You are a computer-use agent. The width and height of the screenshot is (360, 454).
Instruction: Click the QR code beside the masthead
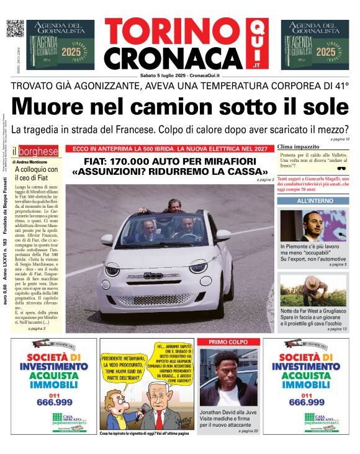[x=14, y=28]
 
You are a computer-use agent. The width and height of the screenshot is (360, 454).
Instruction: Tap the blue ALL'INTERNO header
[x=315, y=201]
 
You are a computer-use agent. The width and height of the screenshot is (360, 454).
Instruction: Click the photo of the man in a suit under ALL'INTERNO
[x=314, y=225]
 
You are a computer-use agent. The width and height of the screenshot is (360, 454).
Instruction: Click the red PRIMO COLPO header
[x=228, y=342]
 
